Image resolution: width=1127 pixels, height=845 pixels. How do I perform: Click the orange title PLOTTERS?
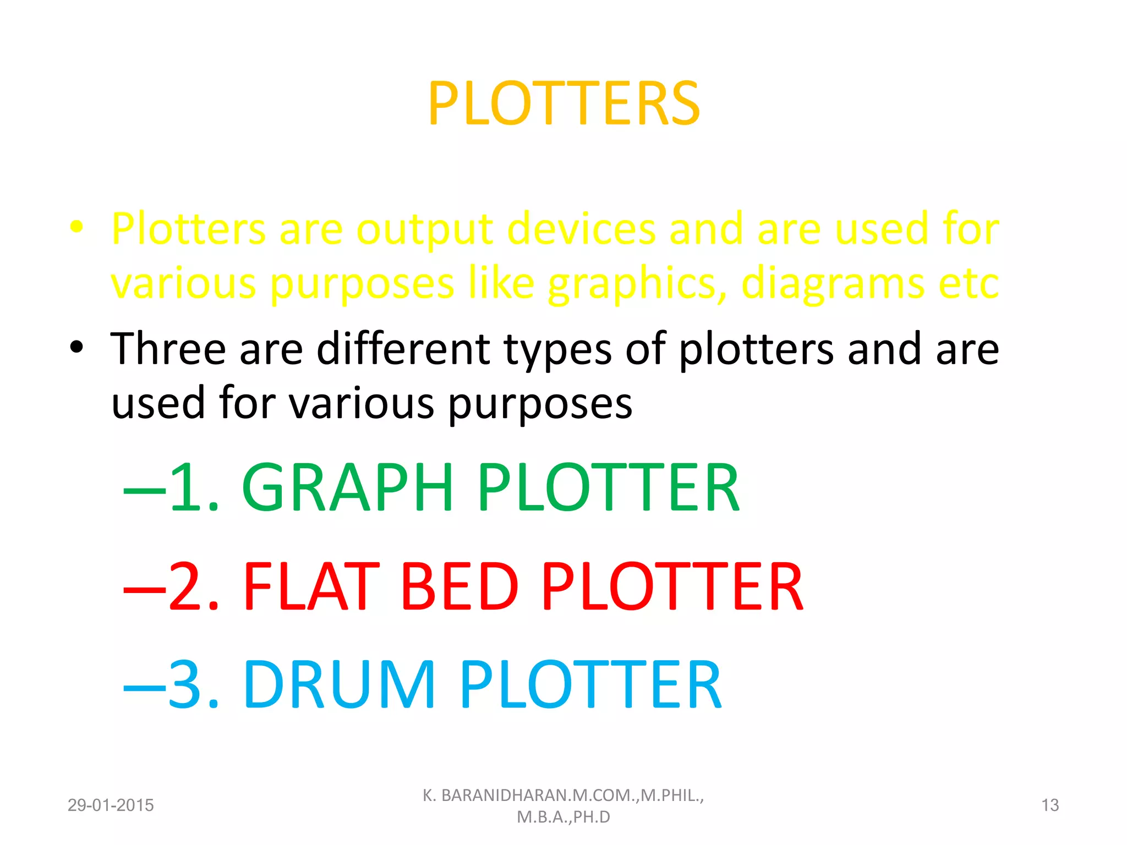click(563, 103)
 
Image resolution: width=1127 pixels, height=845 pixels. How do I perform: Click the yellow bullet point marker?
click(76, 227)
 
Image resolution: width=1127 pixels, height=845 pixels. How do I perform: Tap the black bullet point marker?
click(76, 347)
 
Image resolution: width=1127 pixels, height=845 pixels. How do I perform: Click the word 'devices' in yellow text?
click(582, 228)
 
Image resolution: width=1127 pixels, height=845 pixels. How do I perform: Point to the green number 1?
click(187, 488)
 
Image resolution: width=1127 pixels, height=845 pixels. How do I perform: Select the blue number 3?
click(187, 685)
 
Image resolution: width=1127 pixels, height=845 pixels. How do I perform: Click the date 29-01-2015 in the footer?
click(111, 805)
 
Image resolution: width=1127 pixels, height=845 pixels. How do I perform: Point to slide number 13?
click(1050, 805)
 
